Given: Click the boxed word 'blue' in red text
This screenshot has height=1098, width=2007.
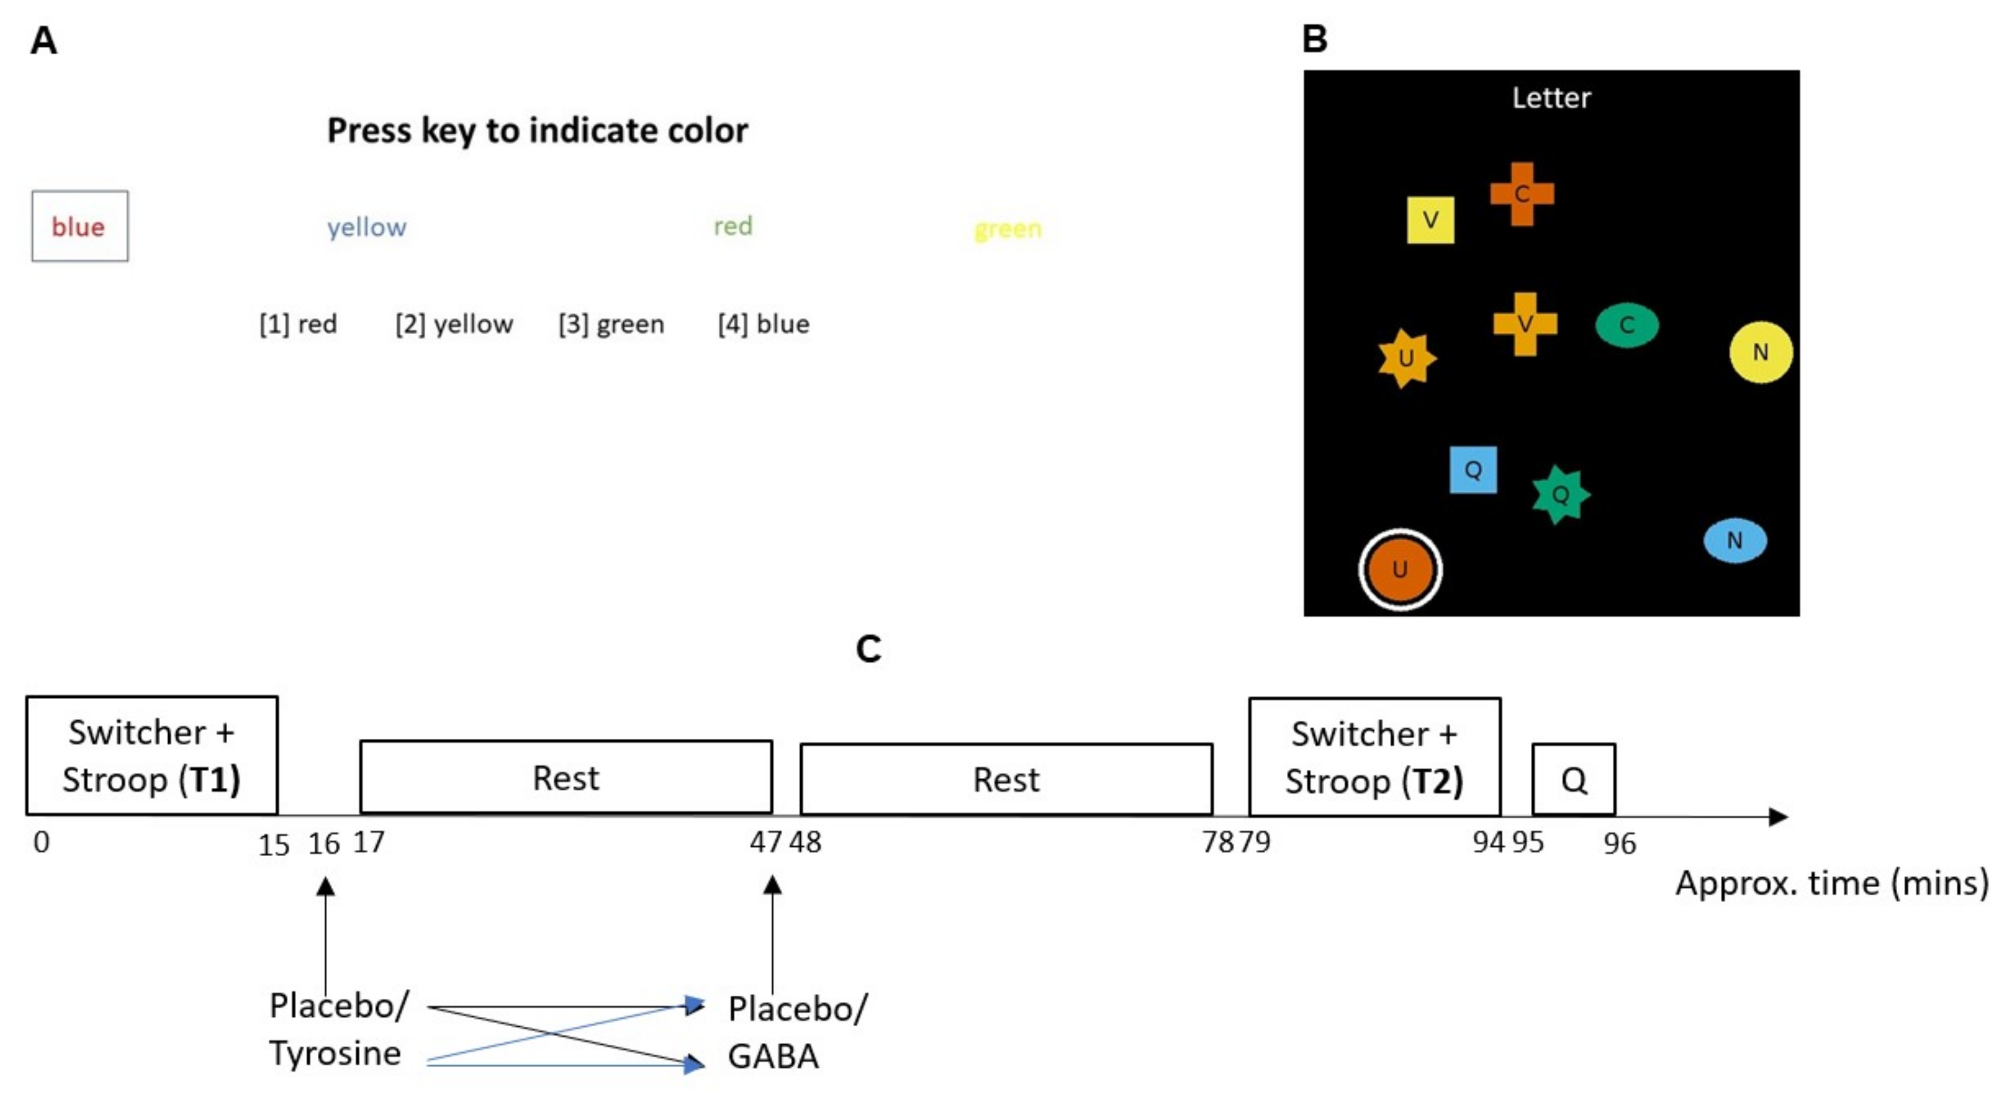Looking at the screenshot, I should click(x=79, y=227).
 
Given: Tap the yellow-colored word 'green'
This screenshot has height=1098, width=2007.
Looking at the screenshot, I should click(x=1008, y=229).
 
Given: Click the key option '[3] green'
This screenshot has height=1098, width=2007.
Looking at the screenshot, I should click(x=612, y=324).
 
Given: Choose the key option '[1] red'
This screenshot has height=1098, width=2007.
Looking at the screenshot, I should click(x=298, y=324).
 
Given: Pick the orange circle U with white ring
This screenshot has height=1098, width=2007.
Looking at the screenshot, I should click(x=1400, y=569).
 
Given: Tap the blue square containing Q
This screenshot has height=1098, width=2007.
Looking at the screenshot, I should click(x=1473, y=470).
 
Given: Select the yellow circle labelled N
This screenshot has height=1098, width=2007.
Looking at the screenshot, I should click(x=1760, y=352).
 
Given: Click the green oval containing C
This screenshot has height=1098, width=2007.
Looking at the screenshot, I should click(x=1627, y=325).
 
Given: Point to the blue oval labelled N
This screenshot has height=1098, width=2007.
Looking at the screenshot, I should click(x=1734, y=540).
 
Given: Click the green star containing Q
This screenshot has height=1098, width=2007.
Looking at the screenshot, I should click(x=1560, y=495).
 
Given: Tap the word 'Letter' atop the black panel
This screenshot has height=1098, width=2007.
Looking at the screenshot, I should click(x=1551, y=98).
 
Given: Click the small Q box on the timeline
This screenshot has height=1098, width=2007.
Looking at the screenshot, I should click(x=1574, y=779).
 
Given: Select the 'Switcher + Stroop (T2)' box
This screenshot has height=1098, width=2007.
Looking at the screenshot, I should click(x=1374, y=757).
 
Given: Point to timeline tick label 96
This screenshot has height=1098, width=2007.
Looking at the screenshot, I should click(x=1620, y=844).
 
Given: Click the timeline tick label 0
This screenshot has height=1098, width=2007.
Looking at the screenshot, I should click(x=42, y=842).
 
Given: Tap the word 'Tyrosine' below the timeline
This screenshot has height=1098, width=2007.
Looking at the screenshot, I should click(x=335, y=1054).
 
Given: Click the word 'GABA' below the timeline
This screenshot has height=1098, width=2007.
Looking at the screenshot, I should click(x=773, y=1057).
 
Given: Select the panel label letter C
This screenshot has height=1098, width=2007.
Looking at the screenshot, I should click(x=868, y=649).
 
